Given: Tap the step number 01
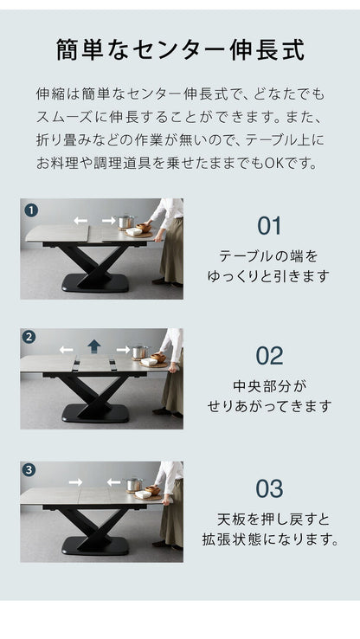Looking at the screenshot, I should [x=269, y=226].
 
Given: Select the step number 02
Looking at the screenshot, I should [x=269, y=356].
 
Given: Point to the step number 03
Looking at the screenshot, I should [x=269, y=488].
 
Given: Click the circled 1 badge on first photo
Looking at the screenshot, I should [x=30, y=210].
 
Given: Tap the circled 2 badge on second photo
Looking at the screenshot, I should [x=30, y=338].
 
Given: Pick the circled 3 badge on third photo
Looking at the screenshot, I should [x=30, y=470].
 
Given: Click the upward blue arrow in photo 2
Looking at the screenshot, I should [x=94, y=346].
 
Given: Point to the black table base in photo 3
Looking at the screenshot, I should [x=95, y=545].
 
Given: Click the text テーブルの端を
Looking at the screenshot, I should [x=269, y=256].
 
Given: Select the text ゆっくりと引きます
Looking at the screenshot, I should [x=269, y=276].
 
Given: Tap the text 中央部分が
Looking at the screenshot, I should [x=269, y=385].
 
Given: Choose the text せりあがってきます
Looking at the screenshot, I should [x=269, y=405].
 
